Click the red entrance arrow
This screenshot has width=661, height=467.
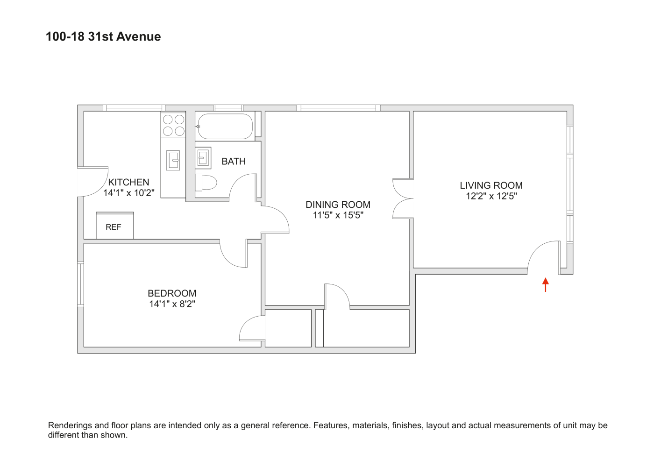[x=545, y=284]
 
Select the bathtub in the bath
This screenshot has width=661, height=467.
[x=225, y=126]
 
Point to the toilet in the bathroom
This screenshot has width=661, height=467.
[x=206, y=182]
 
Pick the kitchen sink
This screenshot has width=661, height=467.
[x=173, y=160]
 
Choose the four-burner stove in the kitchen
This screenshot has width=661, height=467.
[x=173, y=125]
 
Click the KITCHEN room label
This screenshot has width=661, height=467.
[x=128, y=182]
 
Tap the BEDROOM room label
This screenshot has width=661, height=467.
[x=172, y=293]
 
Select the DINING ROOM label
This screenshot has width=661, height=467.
[x=338, y=205]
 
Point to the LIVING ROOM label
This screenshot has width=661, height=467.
[x=491, y=185]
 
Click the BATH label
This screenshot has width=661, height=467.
[x=234, y=161]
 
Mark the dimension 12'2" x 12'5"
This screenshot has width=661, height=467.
[x=491, y=196]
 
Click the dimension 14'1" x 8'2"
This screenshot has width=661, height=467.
[x=172, y=304]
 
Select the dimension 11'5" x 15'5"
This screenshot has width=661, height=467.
[x=338, y=215]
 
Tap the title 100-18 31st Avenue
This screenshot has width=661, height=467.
[x=103, y=36]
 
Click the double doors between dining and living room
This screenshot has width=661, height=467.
[x=403, y=198]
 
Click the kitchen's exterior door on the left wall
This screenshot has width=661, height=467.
[x=92, y=182]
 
